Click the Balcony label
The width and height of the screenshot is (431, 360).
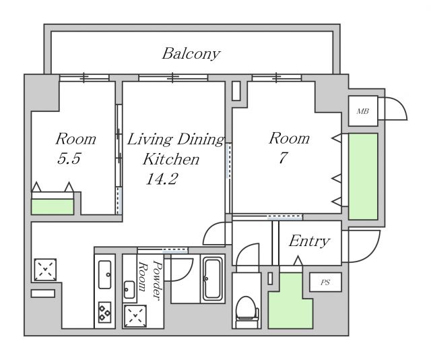191,54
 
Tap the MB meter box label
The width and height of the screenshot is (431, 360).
362,111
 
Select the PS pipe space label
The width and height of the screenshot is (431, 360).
325,282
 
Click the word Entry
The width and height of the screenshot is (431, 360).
309,241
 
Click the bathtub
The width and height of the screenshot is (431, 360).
213,279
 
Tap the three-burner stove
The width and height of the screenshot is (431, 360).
105,312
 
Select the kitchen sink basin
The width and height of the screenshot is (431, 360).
105,274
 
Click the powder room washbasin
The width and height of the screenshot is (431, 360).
129,290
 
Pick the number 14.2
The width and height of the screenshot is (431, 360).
162,179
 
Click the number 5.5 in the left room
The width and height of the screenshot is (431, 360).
69,158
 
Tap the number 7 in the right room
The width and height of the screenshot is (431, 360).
283,158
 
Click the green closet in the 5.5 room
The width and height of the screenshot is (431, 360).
53,207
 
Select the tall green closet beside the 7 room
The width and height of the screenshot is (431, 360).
363,177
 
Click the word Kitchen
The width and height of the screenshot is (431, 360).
171,159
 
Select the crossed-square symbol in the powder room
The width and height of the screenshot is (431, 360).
135,316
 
